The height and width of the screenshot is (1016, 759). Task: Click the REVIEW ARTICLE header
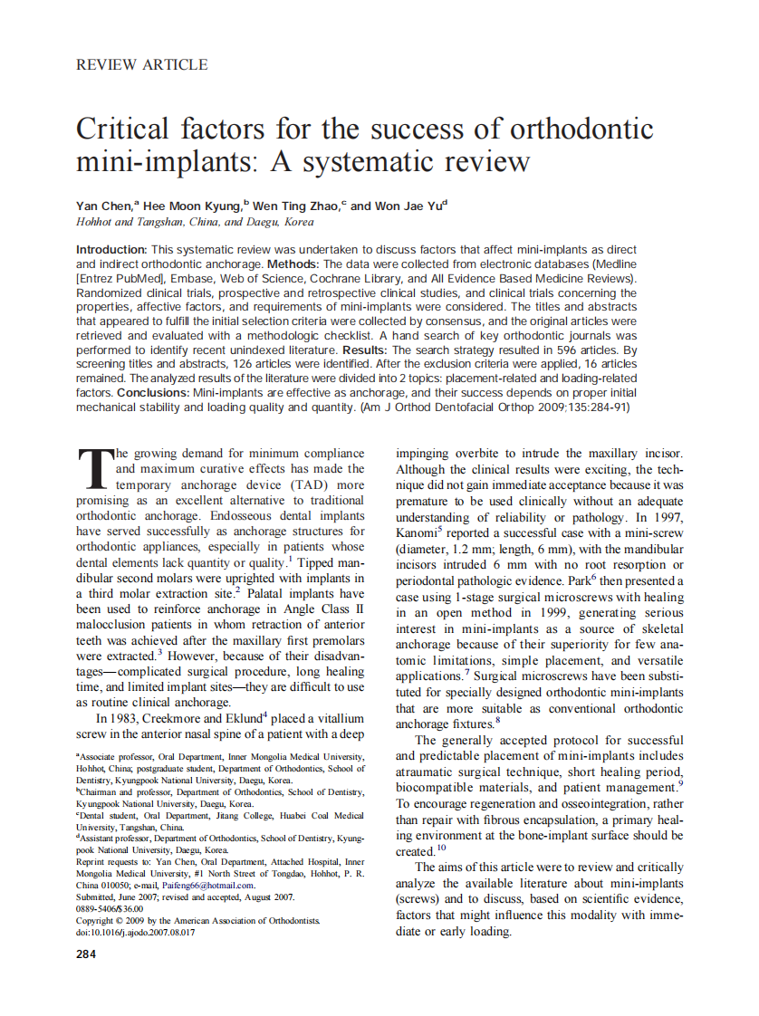tap(141, 65)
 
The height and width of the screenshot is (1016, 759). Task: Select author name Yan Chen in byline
tap(104, 206)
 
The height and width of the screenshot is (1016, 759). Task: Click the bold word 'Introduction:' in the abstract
tap(111, 249)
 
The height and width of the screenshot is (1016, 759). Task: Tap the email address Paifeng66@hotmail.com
tap(206, 885)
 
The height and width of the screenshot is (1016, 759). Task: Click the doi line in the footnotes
tap(135, 932)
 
